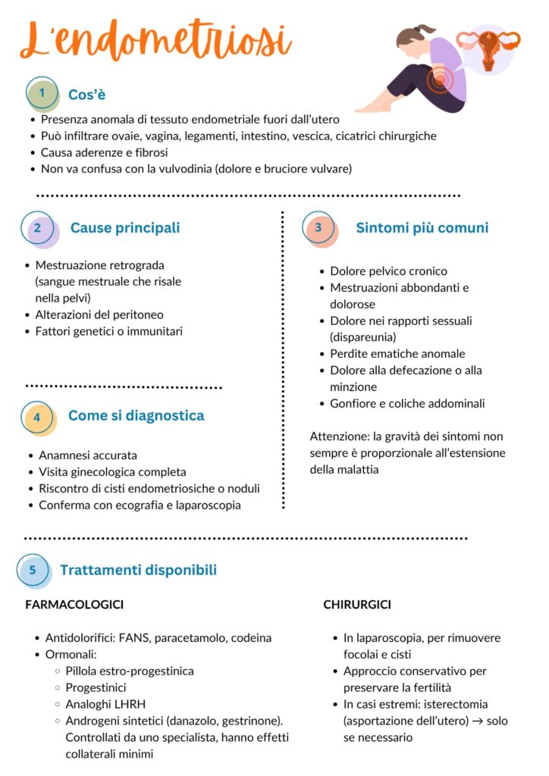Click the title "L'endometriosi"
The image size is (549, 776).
coord(155,39)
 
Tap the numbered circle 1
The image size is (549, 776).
coord(42,93)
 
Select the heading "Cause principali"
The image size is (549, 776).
coord(125,227)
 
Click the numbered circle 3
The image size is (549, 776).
coord(318,227)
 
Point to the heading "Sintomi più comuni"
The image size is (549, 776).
coord(422,227)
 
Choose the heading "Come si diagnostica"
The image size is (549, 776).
coord(136,415)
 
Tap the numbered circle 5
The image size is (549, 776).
coord(33,570)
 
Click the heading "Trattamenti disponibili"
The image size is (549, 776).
coord(138,570)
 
